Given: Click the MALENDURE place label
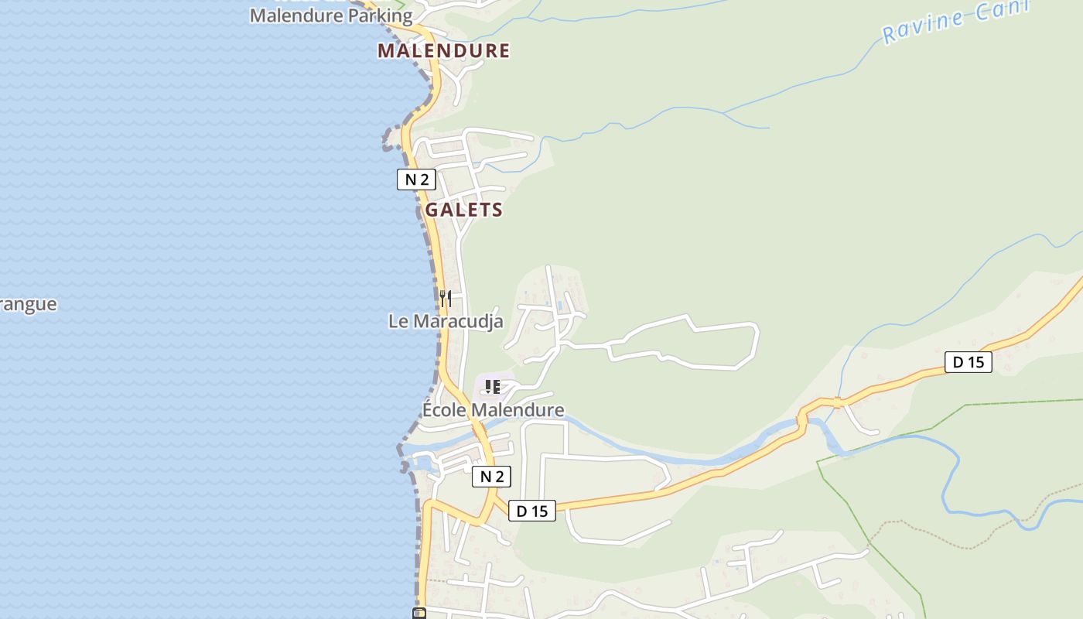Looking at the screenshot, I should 443,51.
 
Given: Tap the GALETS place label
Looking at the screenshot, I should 464,210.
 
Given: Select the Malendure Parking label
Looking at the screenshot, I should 331,15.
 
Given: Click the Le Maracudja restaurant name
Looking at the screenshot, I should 446,321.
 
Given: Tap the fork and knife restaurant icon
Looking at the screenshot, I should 446,298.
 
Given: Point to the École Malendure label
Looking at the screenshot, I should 493,409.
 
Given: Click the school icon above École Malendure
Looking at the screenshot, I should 492,386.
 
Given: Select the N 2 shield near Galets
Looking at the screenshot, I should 416,180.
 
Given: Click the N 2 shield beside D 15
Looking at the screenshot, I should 491,477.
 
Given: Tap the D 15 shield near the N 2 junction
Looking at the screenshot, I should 532,511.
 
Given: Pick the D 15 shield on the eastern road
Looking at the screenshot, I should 968,361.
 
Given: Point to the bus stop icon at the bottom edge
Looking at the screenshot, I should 419,614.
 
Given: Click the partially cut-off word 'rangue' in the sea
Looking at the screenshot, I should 28,304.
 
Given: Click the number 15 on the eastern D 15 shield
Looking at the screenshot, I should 976,361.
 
